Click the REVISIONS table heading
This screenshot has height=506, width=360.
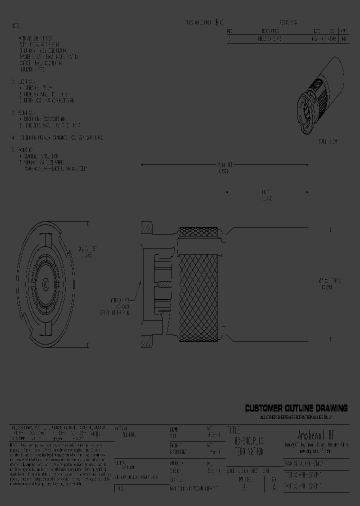[x=287, y=22]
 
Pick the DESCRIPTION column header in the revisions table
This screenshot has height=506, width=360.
[x=274, y=30]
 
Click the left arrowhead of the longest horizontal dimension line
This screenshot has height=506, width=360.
[x=142, y=164]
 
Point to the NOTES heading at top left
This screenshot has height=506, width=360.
[x=16, y=25]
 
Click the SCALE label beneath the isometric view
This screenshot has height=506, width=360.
[x=328, y=141]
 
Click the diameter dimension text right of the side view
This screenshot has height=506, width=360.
[x=330, y=284]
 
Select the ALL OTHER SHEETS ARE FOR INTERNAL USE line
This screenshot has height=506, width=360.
[x=296, y=417]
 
